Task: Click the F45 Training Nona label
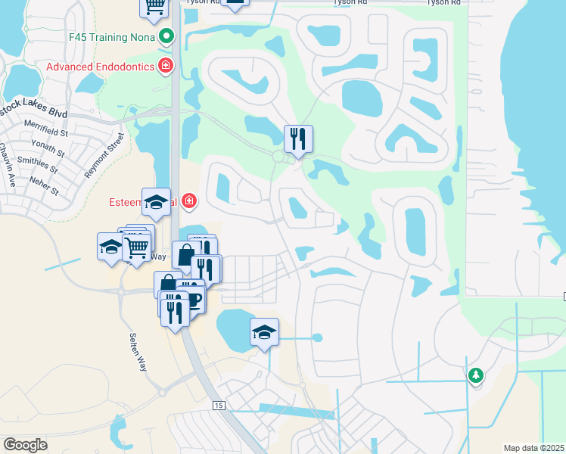click(111, 36)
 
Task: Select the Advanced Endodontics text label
click(100, 67)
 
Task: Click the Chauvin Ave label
click(11, 170)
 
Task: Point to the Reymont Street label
click(104, 156)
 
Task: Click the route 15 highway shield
click(219, 406)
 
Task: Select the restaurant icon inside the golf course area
click(298, 138)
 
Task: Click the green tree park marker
click(475, 375)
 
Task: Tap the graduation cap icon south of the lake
click(264, 331)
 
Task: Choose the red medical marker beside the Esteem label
click(188, 202)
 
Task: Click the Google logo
click(25, 445)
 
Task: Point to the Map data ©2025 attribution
click(533, 448)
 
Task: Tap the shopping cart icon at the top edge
click(154, 6)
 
